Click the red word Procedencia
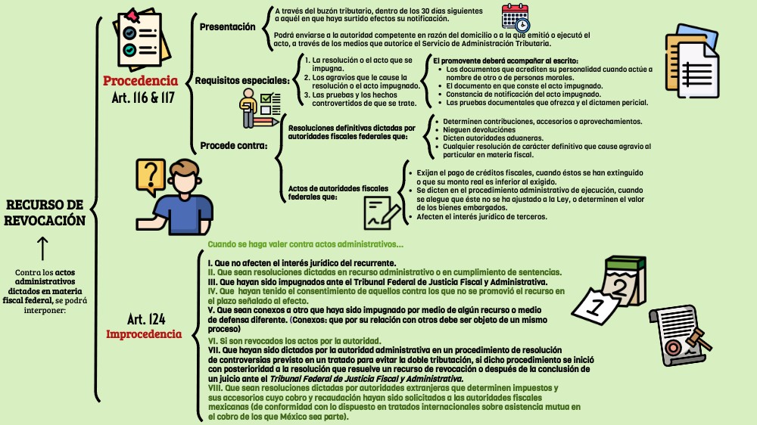[x=141, y=80]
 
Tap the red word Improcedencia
[x=144, y=333]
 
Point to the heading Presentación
[x=227, y=27]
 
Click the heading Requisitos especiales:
[x=241, y=80]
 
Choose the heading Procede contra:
[x=233, y=145]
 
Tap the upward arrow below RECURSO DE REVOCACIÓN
[x=42, y=248]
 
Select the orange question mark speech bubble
[x=150, y=177]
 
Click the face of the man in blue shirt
[x=184, y=182]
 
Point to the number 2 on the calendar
[x=618, y=287]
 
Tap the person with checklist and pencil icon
[x=257, y=108]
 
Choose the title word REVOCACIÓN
[x=43, y=220]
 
